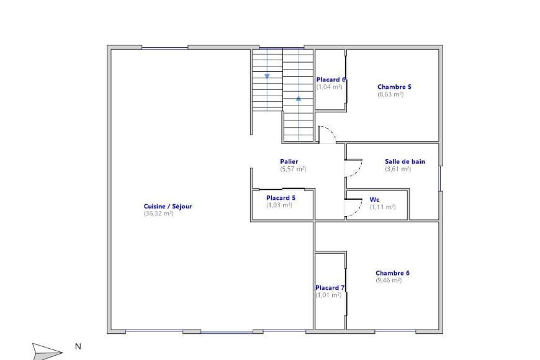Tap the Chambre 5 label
(x=394, y=87)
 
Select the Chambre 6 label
(x=392, y=272)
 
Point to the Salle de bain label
(x=405, y=161)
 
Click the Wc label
(x=374, y=199)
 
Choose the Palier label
(x=289, y=161)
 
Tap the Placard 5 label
(x=281, y=197)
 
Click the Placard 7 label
(x=330, y=287)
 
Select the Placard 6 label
(x=330, y=79)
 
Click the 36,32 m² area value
(x=158, y=214)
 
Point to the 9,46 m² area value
(x=389, y=280)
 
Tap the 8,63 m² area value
(x=390, y=94)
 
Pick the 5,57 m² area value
(x=293, y=169)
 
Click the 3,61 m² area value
(x=398, y=169)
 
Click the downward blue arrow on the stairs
(x=267, y=76)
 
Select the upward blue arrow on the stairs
(x=299, y=97)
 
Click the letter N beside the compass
(x=78, y=346)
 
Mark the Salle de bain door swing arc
(x=358, y=169)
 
